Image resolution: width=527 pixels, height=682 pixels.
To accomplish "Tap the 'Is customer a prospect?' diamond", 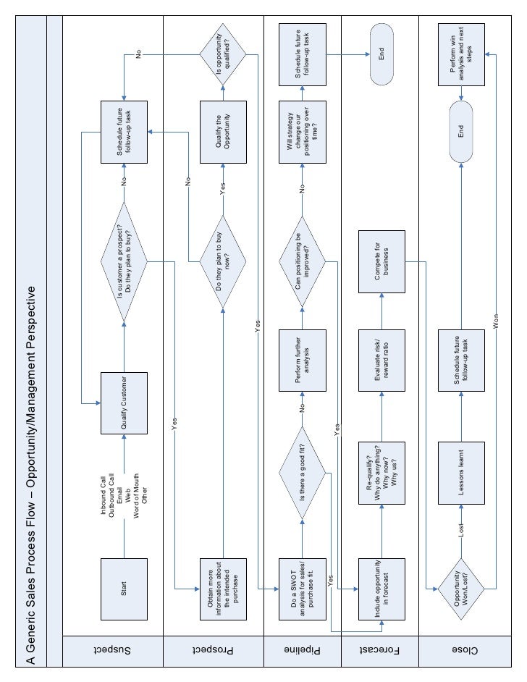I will click(x=124, y=261).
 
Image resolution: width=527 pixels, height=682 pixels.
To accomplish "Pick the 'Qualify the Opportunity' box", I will click(x=222, y=131).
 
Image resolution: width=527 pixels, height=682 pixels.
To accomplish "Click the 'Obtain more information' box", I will click(x=222, y=589).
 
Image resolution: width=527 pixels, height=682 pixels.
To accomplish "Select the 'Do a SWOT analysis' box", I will click(x=303, y=589).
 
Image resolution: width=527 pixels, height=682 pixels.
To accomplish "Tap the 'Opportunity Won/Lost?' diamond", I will click(x=462, y=589).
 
